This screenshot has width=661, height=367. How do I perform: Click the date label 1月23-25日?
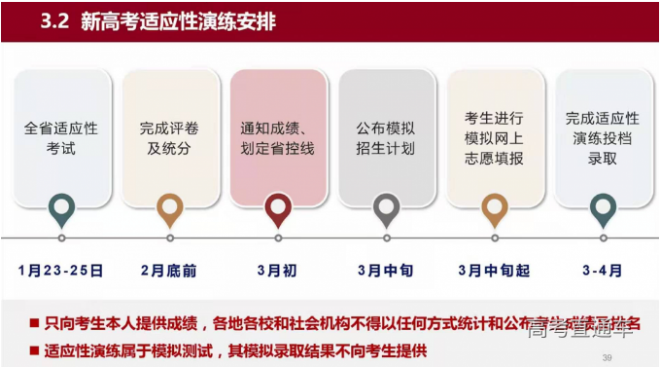point(60,270)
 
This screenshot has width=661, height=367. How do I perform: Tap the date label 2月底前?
point(169,270)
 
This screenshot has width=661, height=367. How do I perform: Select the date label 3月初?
point(277,270)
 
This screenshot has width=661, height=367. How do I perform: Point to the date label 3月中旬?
point(386,270)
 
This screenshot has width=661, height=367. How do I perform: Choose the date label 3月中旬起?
point(495,270)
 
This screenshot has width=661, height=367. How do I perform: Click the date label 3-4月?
point(603,270)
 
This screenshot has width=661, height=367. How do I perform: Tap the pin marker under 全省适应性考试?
point(61,207)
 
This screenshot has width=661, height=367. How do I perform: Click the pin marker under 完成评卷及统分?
point(170,207)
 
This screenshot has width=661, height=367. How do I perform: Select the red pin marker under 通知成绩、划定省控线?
point(278,207)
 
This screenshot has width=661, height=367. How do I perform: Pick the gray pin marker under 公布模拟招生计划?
point(387,207)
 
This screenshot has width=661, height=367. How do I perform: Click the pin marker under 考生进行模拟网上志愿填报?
point(495,207)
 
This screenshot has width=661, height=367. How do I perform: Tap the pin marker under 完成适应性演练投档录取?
point(604,207)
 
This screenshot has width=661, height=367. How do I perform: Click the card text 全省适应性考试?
point(61,137)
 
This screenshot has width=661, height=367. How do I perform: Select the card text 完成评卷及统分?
point(170,137)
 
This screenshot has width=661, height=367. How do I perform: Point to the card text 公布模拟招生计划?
point(387,137)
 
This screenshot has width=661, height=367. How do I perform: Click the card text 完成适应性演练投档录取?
point(604,137)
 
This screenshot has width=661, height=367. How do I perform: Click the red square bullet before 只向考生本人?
point(34,321)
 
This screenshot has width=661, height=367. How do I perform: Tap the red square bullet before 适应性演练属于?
point(34,349)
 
